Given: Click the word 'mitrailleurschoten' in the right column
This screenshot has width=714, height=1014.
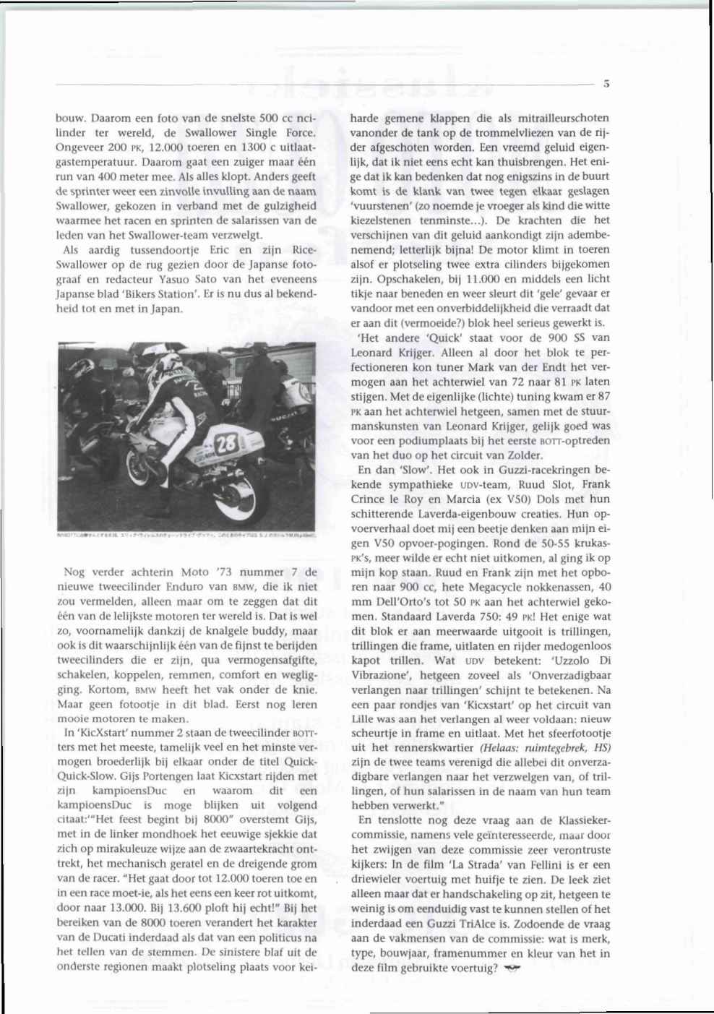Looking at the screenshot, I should pyautogui.click(x=559, y=118).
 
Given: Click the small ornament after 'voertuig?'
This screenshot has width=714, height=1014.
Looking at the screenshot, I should pyautogui.click(x=512, y=968).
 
